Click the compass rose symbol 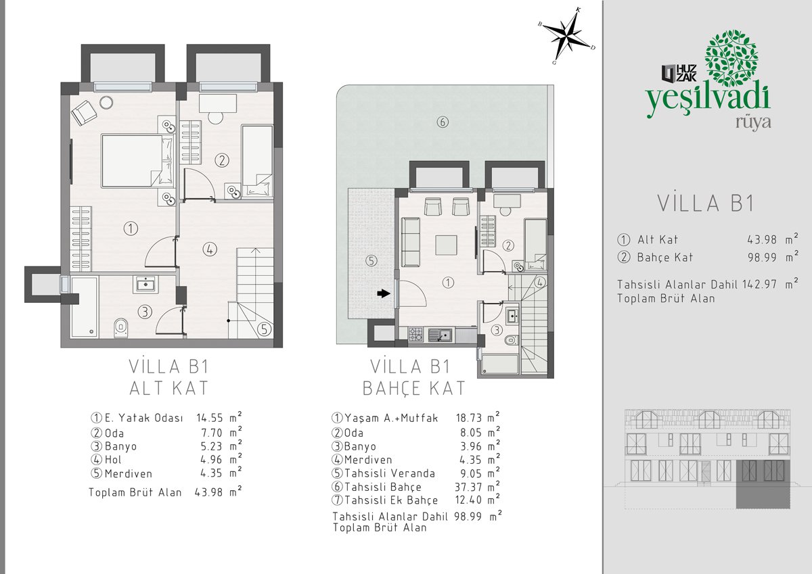coord(567,37)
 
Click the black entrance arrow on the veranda coord(384,293)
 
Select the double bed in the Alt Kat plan coord(137,161)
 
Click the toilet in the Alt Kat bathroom coord(120,328)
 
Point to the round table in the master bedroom coord(106,103)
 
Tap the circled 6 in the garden coord(443,122)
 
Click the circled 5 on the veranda coord(371,261)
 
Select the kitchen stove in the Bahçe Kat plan coord(415,335)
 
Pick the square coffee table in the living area coord(446,245)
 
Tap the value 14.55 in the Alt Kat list coord(210,418)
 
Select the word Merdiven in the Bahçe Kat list coord(368,460)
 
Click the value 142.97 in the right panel coord(759,284)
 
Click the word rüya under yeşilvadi coord(753,123)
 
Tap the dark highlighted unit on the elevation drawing coord(763,484)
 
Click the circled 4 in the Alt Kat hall coord(210,249)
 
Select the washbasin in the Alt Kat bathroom coord(145,284)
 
